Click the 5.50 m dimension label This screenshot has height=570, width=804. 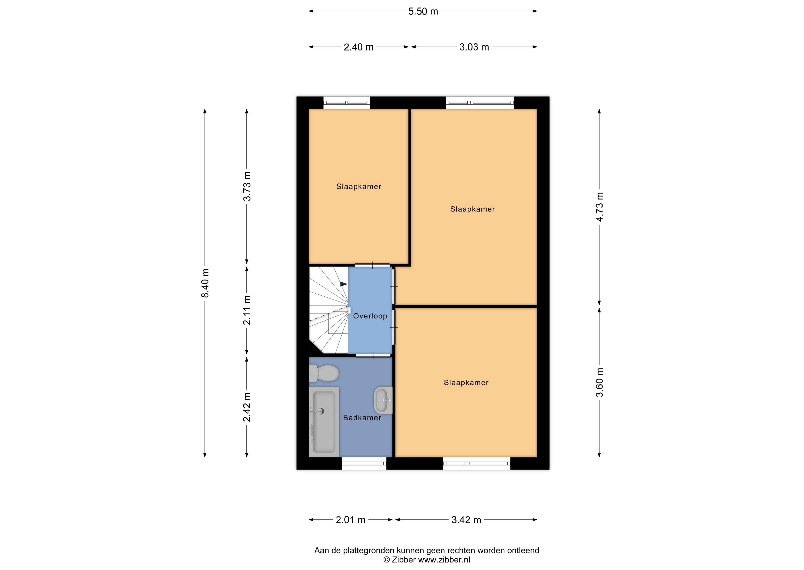[x=423, y=11]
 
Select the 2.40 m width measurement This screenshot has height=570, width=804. [x=358, y=47]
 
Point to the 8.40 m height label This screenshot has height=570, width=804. [x=205, y=283]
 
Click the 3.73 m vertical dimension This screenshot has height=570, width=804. [x=247, y=186]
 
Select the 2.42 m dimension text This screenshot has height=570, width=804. [x=247, y=407]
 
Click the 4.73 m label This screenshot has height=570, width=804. [x=600, y=207]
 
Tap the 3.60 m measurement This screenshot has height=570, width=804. [x=600, y=382]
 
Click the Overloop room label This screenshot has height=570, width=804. [x=370, y=316]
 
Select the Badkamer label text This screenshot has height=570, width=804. [x=362, y=418]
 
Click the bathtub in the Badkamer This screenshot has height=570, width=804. [x=324, y=422]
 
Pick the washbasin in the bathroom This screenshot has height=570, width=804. [x=383, y=400]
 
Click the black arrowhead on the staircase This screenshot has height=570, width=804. [x=344, y=284]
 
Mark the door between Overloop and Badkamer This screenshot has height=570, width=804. [x=373, y=356]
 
